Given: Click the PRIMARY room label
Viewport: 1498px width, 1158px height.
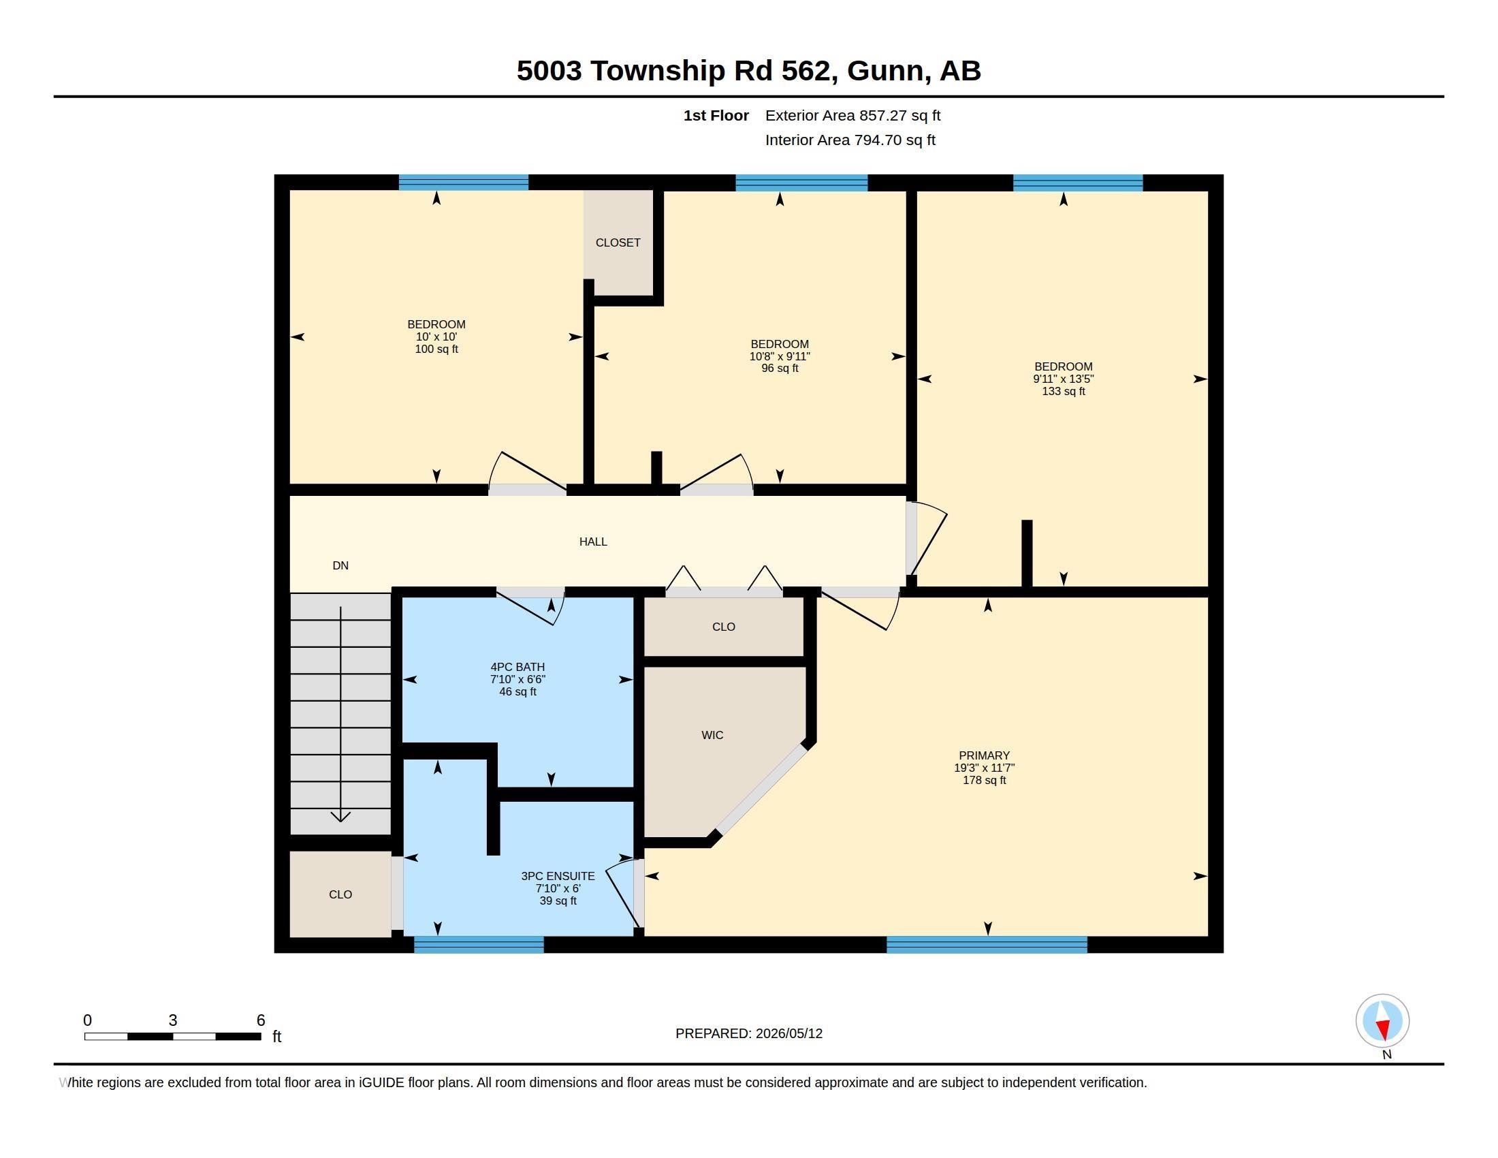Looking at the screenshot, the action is pos(985,755).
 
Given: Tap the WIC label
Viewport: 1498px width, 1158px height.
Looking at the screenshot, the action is pos(712,735).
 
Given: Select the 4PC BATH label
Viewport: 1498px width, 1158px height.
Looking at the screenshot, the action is pos(518,667).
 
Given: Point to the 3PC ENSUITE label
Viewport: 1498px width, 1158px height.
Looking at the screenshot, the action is pos(558,876).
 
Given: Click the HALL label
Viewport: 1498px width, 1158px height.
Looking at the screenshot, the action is pos(593,542).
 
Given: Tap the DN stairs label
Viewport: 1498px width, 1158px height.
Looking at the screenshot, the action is pos(340,565).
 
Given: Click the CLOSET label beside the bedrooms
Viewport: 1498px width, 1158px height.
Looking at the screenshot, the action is pos(618,243).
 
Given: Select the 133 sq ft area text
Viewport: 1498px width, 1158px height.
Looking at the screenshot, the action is pos(1063,391).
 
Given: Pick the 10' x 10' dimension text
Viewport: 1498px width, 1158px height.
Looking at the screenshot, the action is pos(436,337).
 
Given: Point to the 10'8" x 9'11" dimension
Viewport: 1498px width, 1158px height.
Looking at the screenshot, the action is pos(780,356).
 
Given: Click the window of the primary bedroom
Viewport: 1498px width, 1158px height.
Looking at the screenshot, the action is pos(987,945).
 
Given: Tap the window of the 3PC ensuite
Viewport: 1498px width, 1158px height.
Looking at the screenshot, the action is pos(479,945).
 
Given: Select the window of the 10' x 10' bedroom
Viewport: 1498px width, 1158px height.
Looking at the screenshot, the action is pos(464,183).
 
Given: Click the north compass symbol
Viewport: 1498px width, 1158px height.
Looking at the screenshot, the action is pos(1382,1021).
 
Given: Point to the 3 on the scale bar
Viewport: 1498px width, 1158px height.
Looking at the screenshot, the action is pos(173,1020).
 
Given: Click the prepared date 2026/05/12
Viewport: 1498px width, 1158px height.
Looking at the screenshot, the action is pos(788,1033).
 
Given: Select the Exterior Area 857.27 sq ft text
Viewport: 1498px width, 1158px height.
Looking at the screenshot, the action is pos(852,115).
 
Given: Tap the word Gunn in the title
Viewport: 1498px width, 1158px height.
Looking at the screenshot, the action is pos(885,71).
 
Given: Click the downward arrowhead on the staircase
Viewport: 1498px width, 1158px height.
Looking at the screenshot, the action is pos(341,816).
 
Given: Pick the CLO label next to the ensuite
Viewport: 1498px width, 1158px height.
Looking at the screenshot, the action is pos(340,894).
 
